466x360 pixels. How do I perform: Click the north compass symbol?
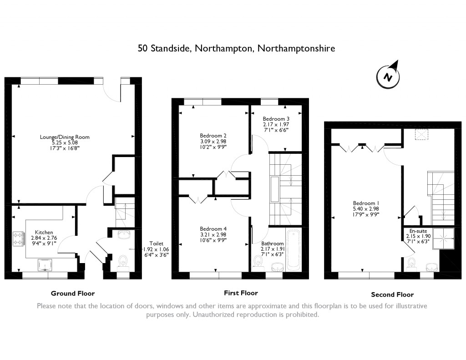(x=388, y=76)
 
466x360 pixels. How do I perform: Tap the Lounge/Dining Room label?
(x=71, y=137)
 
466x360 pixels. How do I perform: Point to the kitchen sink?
(x=45, y=264)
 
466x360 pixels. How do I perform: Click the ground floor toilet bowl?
(x=122, y=261)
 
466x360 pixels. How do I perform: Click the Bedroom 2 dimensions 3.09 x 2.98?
(x=213, y=141)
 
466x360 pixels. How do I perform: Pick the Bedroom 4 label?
(x=213, y=228)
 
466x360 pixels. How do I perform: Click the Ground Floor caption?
(x=73, y=293)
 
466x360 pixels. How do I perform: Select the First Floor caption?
(x=241, y=293)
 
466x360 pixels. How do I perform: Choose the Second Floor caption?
(x=392, y=294)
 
